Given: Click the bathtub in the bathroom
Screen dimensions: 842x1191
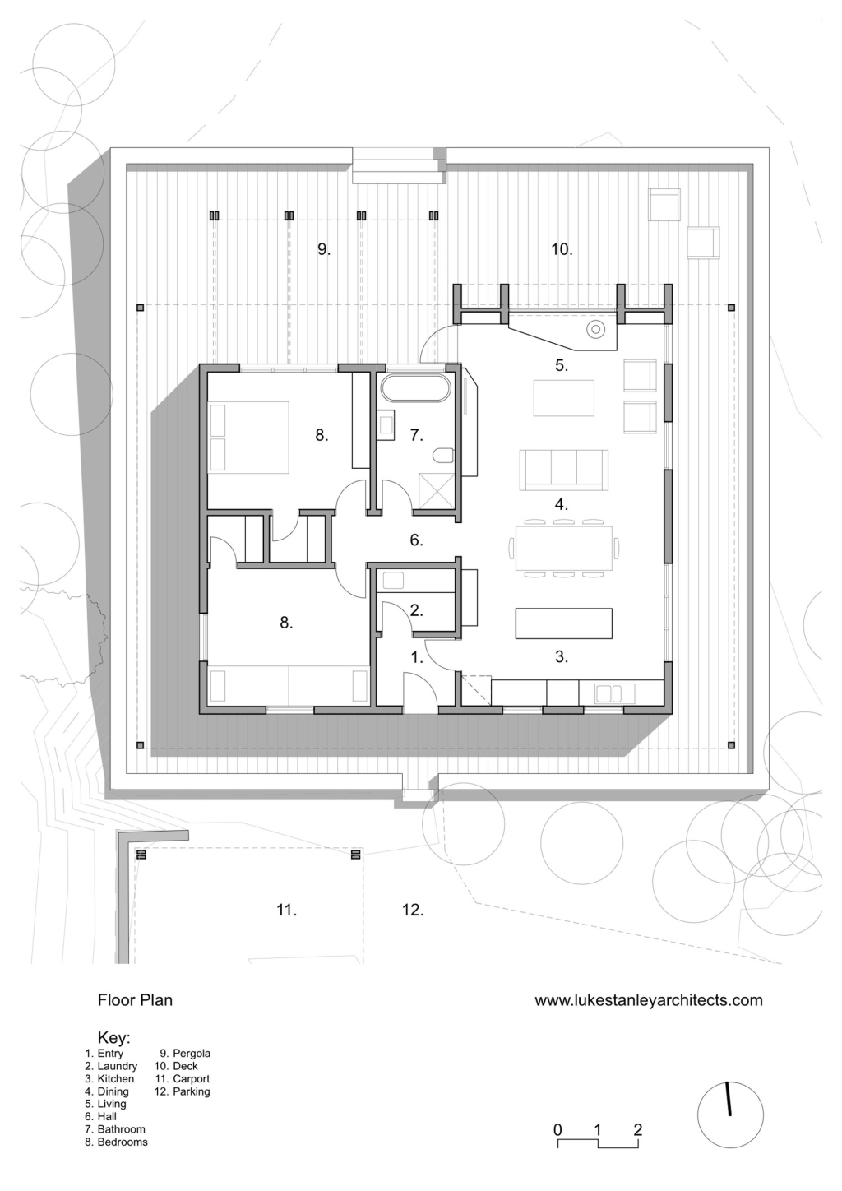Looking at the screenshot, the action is point(415,389).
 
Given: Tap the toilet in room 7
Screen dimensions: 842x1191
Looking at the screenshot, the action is point(444,455).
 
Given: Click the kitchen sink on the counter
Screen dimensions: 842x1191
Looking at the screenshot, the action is point(608,694).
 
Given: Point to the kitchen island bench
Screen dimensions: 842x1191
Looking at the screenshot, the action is point(563,623).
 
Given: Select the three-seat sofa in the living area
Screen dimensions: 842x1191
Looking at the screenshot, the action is point(563,470).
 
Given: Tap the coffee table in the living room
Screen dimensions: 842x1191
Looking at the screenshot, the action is point(563,398).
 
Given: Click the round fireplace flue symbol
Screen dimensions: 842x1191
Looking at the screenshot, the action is point(596,330).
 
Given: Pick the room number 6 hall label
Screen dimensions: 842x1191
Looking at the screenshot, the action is point(416,540).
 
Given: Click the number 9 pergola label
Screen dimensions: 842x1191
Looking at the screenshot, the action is point(324,249).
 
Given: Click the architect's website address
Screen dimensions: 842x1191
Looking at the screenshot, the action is point(649,1000).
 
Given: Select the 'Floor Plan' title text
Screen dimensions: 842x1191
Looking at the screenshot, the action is point(135,1000).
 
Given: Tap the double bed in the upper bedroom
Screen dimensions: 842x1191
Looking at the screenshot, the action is point(249,437).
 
